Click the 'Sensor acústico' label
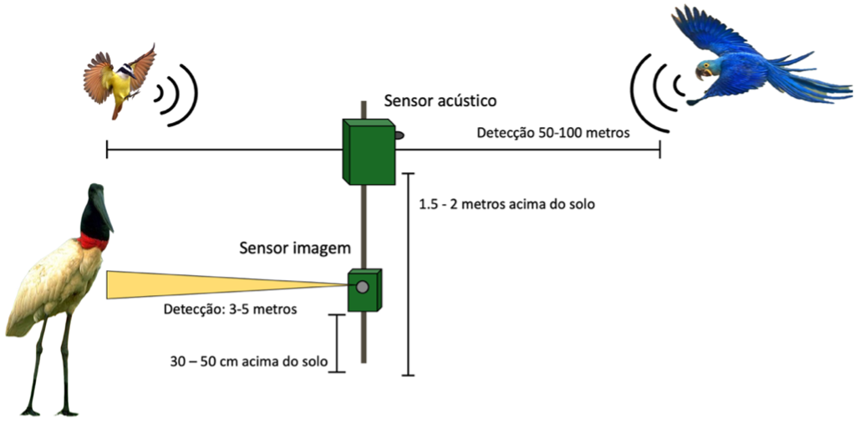[x=440, y=101]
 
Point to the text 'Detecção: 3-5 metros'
[x=232, y=309]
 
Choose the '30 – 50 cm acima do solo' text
[x=247, y=361]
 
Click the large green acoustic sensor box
[x=368, y=151]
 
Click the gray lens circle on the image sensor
[x=363, y=288]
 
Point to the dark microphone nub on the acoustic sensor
[x=399, y=135]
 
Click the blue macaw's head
[x=709, y=69]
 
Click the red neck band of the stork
[x=94, y=242]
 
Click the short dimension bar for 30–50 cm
[x=336, y=343]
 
